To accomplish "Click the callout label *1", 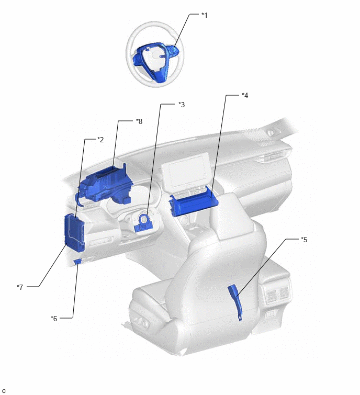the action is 204,15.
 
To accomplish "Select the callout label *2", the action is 100,140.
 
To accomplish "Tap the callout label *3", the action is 182,105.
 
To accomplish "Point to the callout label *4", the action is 245,95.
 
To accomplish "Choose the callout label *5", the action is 304,240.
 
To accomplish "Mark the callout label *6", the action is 54,319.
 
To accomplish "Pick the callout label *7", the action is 20,287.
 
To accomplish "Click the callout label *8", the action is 139,121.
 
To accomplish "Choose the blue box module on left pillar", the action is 75,232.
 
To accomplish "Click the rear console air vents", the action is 277,294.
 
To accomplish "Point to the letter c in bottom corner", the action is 4,391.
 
